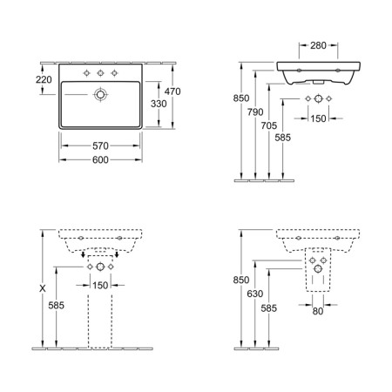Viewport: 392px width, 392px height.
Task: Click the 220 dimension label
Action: coord(44,79)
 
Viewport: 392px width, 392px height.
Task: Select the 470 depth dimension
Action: coord(172,91)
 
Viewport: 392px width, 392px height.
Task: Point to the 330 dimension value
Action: coord(159,104)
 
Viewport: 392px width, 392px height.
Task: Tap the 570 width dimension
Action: coord(100,145)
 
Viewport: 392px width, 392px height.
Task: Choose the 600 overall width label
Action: coord(100,159)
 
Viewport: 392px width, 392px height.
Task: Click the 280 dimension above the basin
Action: coord(318,45)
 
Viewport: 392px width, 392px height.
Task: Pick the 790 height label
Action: coord(255,112)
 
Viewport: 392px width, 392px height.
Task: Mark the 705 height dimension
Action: coord(269,125)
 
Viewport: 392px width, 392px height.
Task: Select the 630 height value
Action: coord(255,294)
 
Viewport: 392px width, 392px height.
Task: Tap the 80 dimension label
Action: coord(318,311)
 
